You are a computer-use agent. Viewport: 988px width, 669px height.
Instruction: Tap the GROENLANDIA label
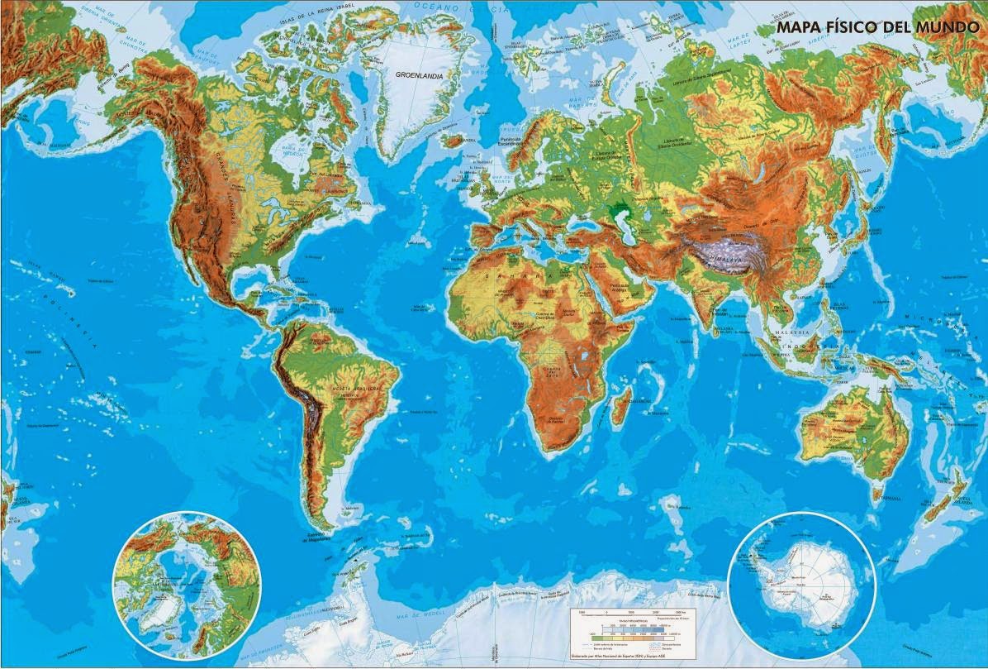(x=419, y=74)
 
